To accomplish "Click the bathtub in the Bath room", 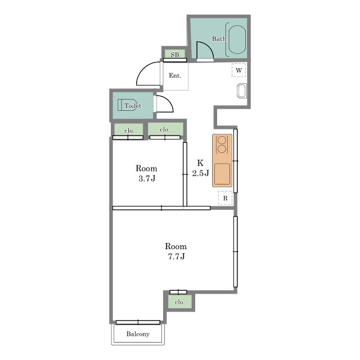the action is click(x=237, y=40).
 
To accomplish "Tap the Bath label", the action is click(x=219, y=39).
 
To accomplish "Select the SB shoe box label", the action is click(x=175, y=55).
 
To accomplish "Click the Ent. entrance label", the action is click(x=175, y=75).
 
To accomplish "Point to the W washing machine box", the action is click(x=238, y=70).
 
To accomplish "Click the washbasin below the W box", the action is click(x=242, y=91).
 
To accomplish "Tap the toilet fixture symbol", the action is click(x=127, y=105).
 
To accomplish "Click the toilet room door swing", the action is click(x=165, y=103).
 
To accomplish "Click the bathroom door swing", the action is click(x=205, y=50).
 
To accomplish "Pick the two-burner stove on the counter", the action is click(x=222, y=145).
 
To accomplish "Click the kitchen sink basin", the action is click(x=222, y=174).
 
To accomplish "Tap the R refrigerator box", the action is click(x=225, y=198).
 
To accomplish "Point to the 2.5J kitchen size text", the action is click(x=200, y=173).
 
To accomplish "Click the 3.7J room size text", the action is click(x=147, y=179).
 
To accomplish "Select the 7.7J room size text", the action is click(x=176, y=256).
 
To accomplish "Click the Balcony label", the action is click(x=138, y=334).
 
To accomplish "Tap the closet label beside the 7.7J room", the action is click(x=179, y=302).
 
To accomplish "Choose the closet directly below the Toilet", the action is click(x=128, y=130).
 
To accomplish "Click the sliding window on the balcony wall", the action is click(x=138, y=322).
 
